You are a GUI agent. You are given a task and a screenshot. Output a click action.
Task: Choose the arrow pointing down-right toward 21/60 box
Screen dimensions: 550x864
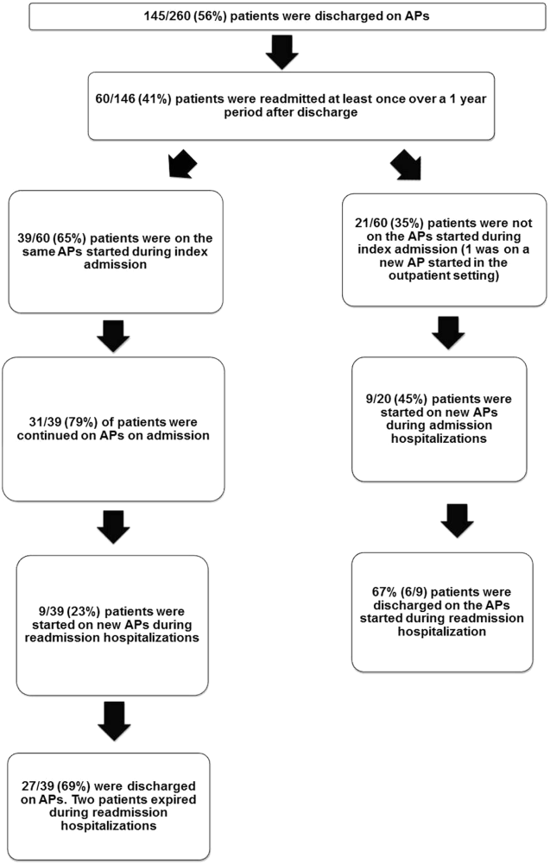pos(406,164)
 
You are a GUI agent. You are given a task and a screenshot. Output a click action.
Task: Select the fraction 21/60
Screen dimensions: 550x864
pos(371,224)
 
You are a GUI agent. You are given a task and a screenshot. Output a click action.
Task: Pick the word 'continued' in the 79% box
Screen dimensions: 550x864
pos(42,435)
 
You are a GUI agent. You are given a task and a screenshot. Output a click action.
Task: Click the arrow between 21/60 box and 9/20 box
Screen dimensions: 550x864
pos(448,333)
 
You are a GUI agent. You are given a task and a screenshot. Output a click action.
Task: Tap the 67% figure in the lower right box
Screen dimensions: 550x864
pos(385,592)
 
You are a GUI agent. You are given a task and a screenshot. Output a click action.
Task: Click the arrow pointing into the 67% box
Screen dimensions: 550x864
pos(457,521)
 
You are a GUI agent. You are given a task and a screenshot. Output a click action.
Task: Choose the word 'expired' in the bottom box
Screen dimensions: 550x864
pos(176,799)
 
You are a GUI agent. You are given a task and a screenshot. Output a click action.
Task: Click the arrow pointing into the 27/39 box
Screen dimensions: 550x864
pos(114,721)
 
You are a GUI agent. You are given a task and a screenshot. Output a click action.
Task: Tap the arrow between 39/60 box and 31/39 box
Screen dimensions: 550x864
pos(113,336)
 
